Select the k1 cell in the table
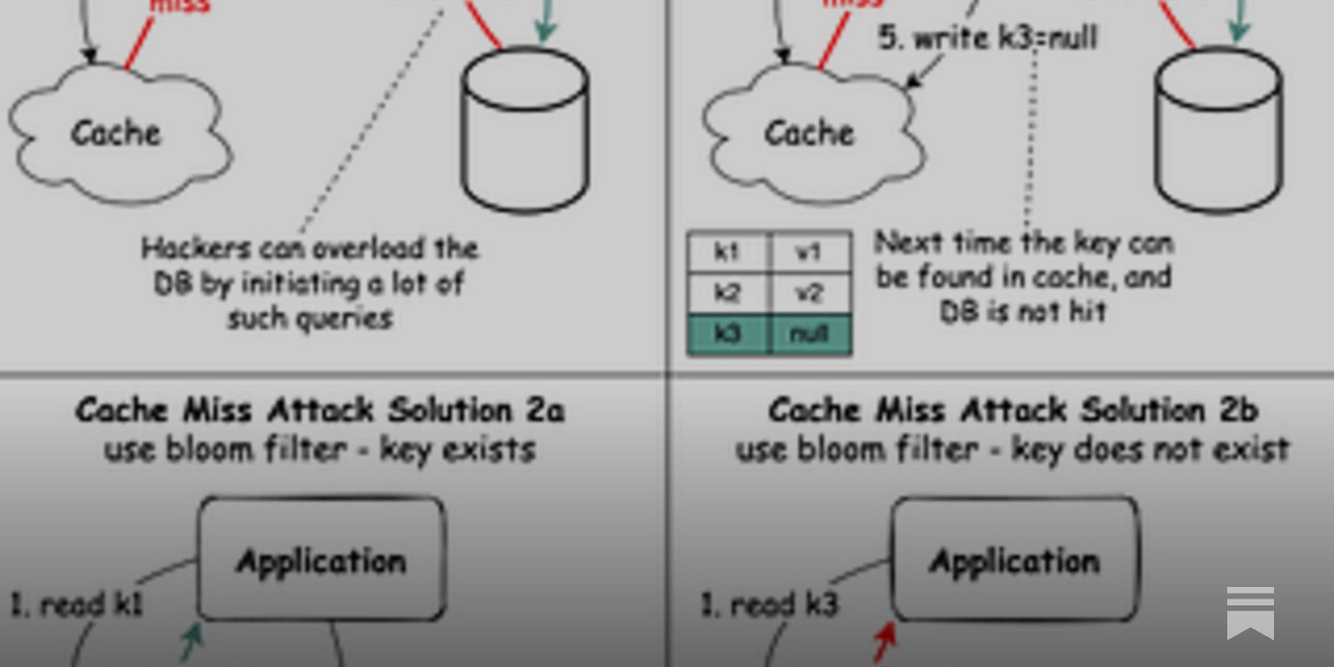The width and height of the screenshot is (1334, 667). point(727,252)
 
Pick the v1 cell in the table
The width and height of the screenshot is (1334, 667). point(809,252)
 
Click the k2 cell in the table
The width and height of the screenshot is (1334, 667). point(727,293)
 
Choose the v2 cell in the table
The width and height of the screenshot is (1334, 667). point(809,293)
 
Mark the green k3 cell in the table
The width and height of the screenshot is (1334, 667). point(727,334)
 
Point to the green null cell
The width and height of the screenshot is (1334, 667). point(809,334)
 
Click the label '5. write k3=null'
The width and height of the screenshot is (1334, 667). point(988,38)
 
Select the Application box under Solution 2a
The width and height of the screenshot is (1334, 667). point(321,559)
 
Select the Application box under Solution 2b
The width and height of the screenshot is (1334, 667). point(1015,559)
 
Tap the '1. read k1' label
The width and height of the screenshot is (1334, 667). point(77,604)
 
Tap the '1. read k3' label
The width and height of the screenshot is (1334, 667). point(770,604)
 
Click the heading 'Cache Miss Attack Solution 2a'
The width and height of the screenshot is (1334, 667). point(320,410)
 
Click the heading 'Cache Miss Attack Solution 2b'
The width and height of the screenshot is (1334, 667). point(1012,410)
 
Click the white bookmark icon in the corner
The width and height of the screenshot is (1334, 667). point(1250,613)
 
